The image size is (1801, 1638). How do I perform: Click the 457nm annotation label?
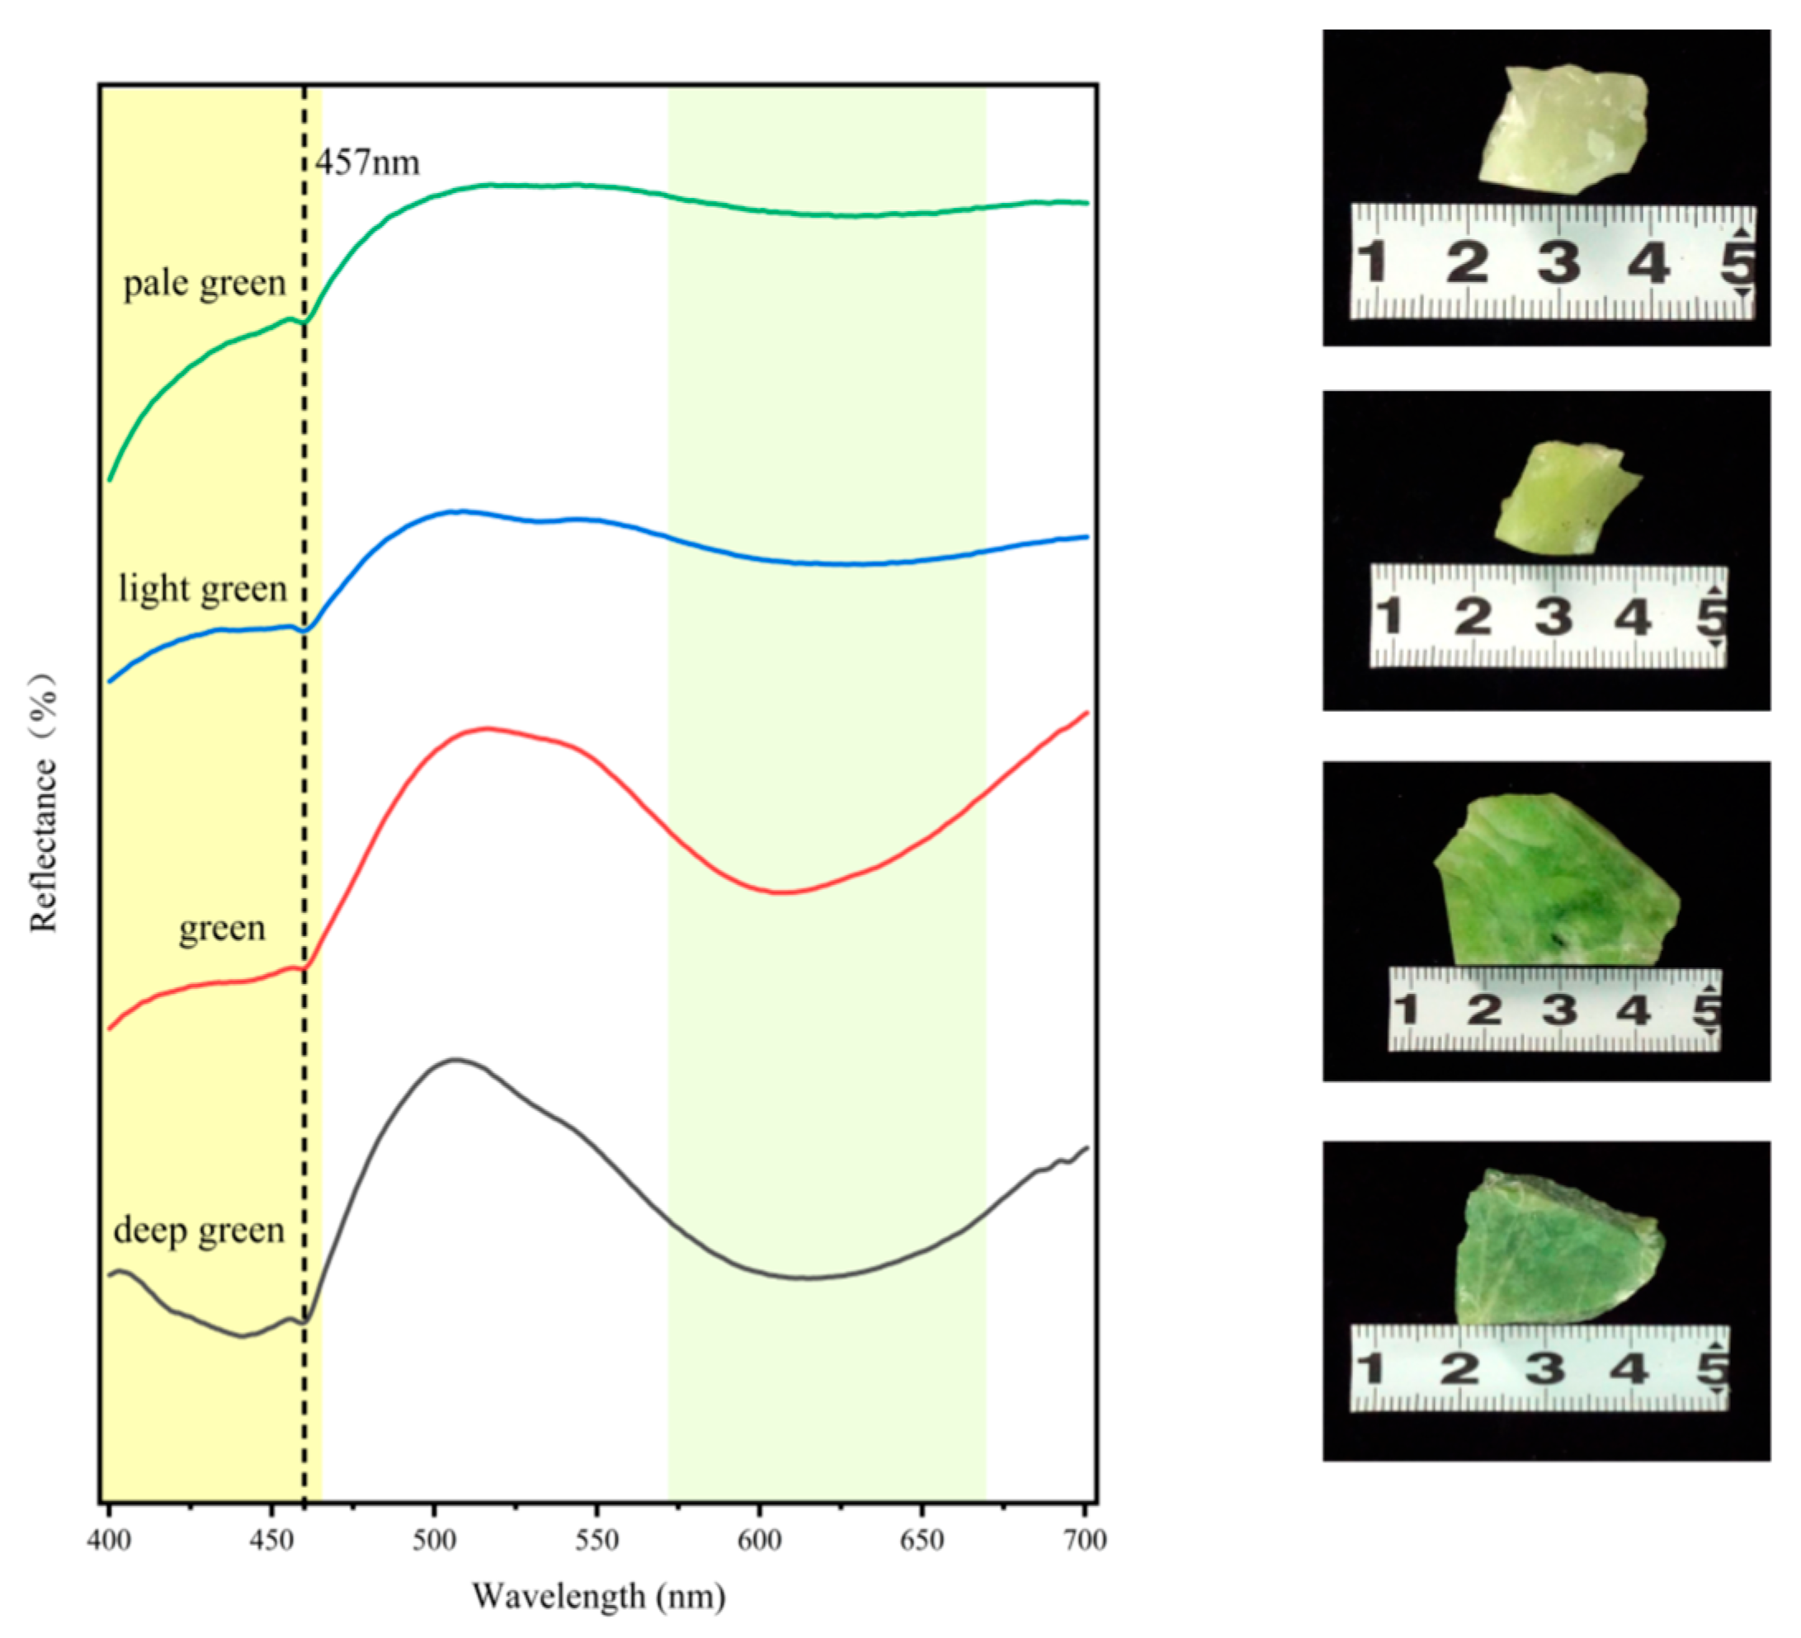[367, 162]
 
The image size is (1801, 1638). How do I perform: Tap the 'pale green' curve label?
[204, 284]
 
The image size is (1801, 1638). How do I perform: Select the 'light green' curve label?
[203, 590]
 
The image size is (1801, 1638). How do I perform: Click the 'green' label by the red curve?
[222, 928]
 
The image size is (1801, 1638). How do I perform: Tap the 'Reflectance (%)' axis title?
[44, 804]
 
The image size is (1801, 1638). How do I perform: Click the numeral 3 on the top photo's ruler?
[1558, 262]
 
